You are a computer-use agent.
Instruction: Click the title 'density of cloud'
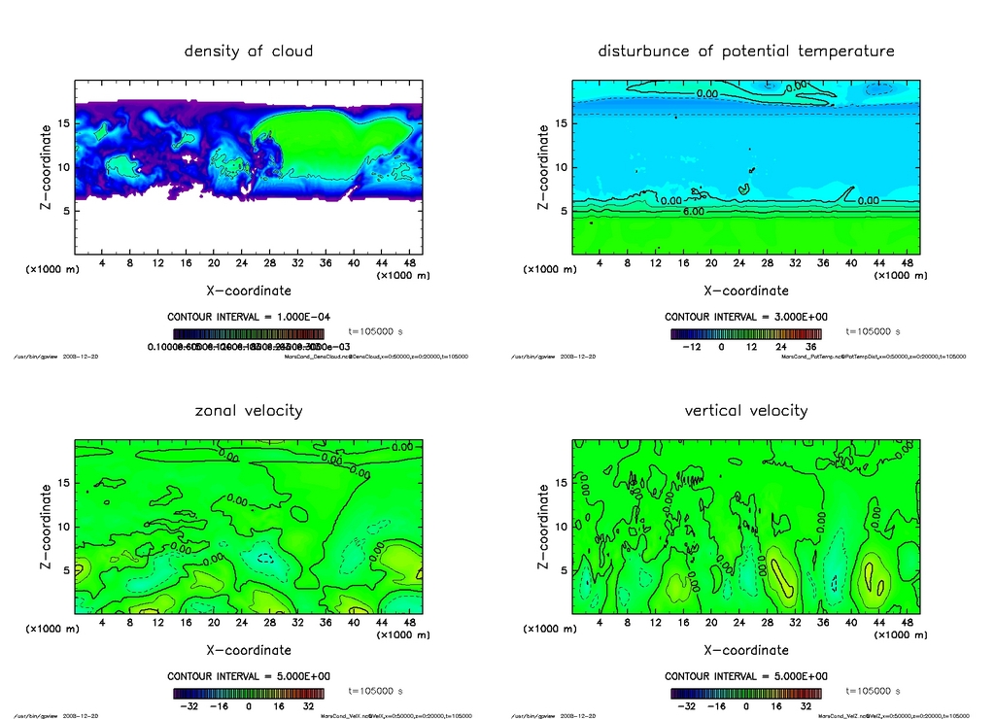click(x=249, y=51)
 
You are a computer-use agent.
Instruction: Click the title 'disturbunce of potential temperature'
click(x=745, y=51)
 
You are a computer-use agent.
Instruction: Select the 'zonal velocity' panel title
click(x=249, y=410)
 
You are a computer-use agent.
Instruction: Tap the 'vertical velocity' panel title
click(x=745, y=410)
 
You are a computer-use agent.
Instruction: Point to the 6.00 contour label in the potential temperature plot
click(x=693, y=211)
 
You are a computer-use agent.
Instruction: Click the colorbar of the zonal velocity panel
click(x=249, y=694)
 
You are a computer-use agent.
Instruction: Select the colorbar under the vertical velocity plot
click(x=745, y=694)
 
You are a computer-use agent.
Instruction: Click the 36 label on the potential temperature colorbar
click(x=808, y=345)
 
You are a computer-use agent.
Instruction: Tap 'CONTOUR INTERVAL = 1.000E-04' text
click(x=249, y=317)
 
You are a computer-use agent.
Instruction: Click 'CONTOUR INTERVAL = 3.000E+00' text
click(x=745, y=317)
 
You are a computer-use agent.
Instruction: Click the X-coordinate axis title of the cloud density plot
click(x=249, y=290)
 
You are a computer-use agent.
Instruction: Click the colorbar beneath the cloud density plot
click(x=249, y=333)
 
